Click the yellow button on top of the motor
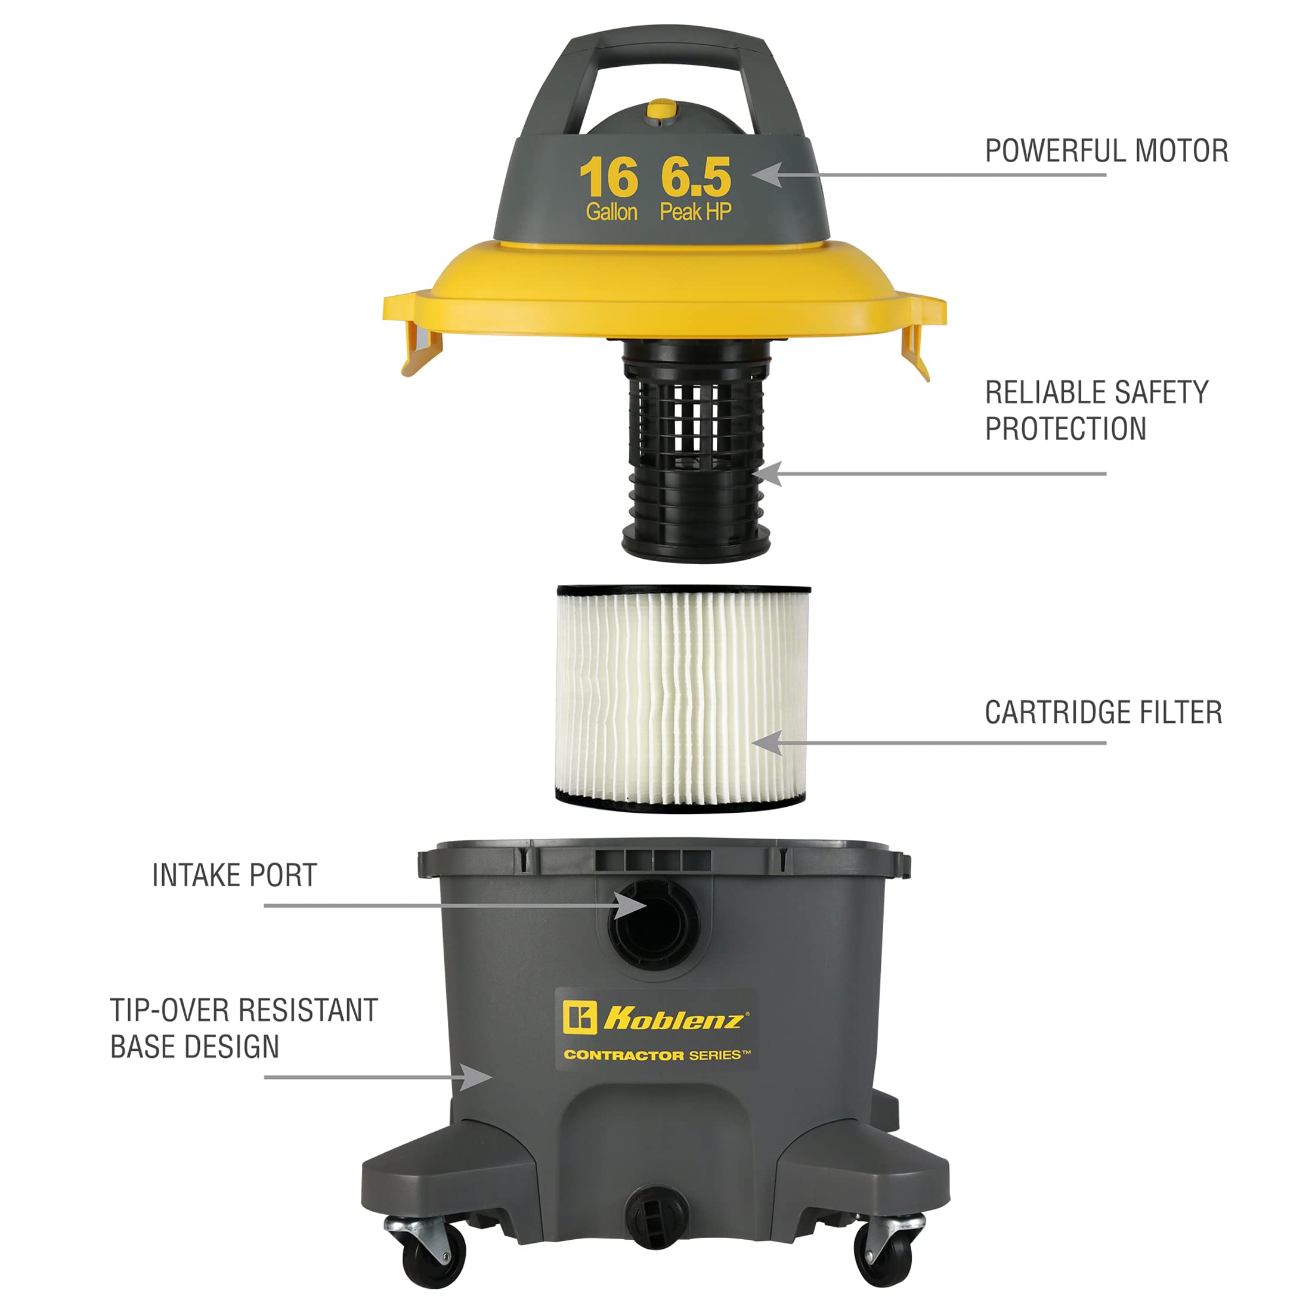click(661, 110)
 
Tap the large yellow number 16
click(608, 177)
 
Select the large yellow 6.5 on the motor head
click(695, 177)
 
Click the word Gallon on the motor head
click(611, 212)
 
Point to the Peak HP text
click(695, 212)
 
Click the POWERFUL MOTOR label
click(1106, 151)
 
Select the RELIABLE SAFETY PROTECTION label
click(1097, 410)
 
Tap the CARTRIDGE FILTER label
click(1103, 713)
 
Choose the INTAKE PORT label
click(234, 875)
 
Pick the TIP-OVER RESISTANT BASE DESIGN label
click(244, 1028)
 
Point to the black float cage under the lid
click(696, 451)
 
